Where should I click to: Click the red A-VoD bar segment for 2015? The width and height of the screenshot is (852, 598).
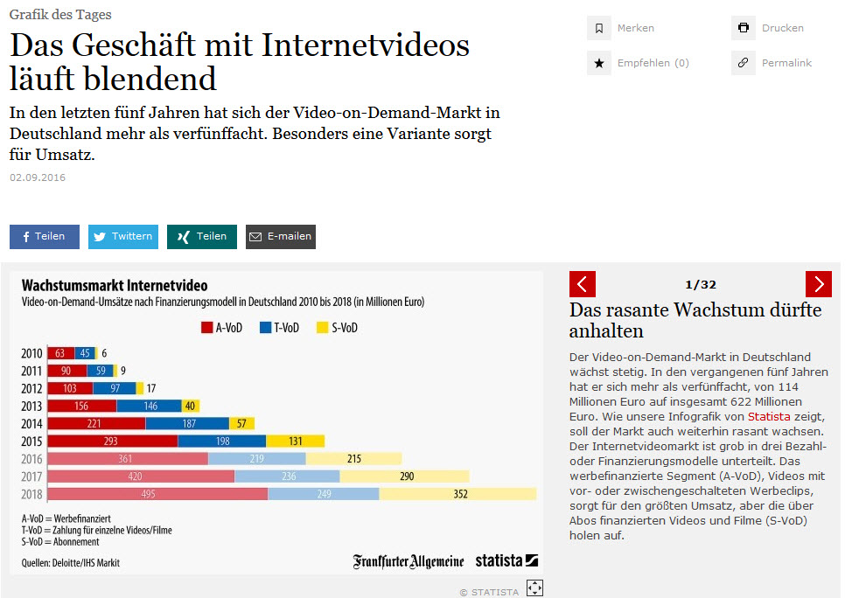coord(112,441)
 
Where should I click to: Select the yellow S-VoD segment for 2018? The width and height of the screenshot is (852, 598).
coord(457,494)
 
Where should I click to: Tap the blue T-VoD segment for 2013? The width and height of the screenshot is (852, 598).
coord(149,406)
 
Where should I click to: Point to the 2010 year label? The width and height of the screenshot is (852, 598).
coord(31,353)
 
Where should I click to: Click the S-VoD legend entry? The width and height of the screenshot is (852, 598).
coord(336,329)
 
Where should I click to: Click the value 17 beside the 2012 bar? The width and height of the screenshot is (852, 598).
coord(151,388)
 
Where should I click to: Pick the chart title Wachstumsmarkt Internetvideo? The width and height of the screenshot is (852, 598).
coord(114,286)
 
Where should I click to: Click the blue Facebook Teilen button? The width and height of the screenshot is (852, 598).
coord(44,236)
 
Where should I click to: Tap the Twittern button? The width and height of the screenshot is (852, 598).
coord(122,236)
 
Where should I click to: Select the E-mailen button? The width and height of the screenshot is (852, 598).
coord(280,237)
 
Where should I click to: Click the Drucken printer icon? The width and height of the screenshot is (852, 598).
coord(744,28)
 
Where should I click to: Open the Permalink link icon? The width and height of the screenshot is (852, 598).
coord(744,63)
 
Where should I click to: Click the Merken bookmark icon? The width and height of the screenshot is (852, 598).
coord(598,28)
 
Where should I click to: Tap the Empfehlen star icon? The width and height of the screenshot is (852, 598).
coord(598,63)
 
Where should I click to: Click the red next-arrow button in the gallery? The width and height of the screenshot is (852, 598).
coord(818,284)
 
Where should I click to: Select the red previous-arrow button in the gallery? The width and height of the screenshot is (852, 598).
coord(583,284)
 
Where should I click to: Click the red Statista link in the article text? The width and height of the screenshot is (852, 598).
coord(768,417)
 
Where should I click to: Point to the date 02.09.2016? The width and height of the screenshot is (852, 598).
coord(38,177)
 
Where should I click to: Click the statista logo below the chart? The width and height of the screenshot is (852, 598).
coord(506,560)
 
